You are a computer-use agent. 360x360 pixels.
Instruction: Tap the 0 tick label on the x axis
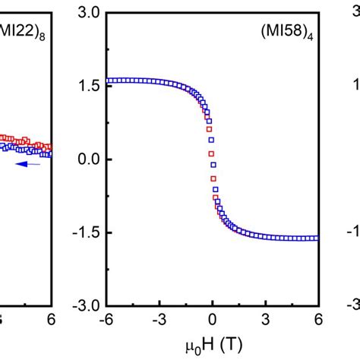[x=213, y=319]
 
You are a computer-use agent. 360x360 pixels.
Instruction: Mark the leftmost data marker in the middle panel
[x=109, y=81]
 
